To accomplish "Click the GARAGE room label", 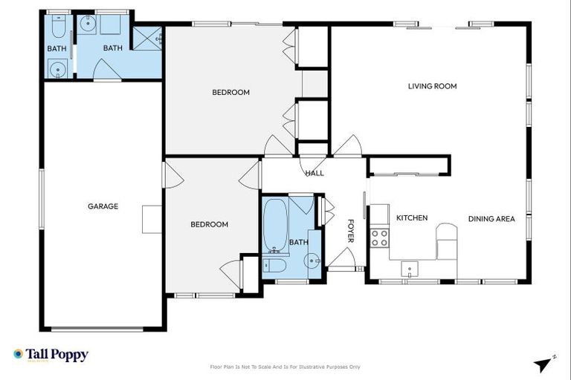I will (x=103, y=206).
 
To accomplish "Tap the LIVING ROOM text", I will (x=432, y=86).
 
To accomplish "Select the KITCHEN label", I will (x=411, y=218).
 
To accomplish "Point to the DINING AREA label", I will (x=491, y=219).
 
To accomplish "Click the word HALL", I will (x=314, y=173).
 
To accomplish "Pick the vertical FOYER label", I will (x=351, y=230).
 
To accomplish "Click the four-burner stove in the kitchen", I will (x=379, y=237).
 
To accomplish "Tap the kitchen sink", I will (x=410, y=267).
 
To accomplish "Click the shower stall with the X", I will (x=147, y=39).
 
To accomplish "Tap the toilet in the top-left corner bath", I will (x=59, y=27).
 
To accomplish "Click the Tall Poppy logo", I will (x=51, y=355).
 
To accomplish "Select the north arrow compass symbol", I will (x=544, y=364).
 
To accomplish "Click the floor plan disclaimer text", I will (x=285, y=367).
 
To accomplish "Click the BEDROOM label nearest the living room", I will (x=230, y=93).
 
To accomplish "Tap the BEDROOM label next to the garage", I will (x=209, y=224).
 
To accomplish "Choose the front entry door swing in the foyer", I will (x=342, y=260).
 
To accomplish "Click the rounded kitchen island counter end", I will (x=447, y=231).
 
